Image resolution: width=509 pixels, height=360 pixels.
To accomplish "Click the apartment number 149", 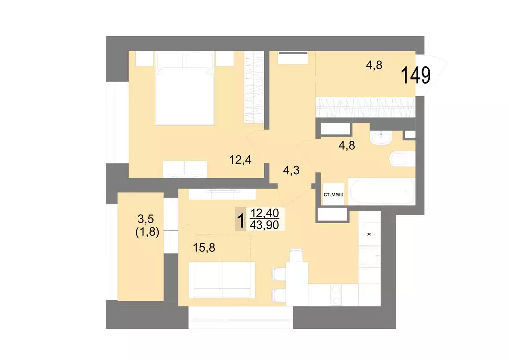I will (416, 76).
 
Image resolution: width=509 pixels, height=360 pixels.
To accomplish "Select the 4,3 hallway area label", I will (292, 170).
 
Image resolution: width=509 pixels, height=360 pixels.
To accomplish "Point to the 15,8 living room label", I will (204, 247).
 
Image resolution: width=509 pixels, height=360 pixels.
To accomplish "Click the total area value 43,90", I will (265, 225).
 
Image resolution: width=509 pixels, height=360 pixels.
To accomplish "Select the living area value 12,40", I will (265, 214).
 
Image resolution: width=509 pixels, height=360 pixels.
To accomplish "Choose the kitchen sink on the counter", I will (369, 256).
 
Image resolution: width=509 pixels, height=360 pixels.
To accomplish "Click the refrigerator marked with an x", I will (369, 232).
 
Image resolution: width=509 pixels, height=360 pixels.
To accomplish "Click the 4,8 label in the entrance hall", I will (374, 65).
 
